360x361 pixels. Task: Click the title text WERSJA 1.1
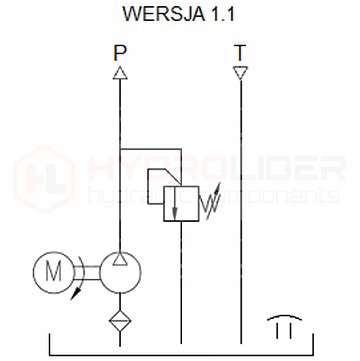pos(179,14)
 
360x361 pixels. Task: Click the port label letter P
pos(120,53)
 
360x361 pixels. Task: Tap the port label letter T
pos(241,53)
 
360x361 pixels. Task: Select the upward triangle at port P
pos(120,73)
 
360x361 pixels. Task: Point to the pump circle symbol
pos(120,273)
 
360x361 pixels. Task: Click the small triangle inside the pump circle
pos(120,259)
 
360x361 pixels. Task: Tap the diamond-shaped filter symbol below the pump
pos(120,321)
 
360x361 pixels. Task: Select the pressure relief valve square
pos(181,203)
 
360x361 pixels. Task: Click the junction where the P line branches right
pos(120,149)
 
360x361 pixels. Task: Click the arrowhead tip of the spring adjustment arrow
pos(220,185)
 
